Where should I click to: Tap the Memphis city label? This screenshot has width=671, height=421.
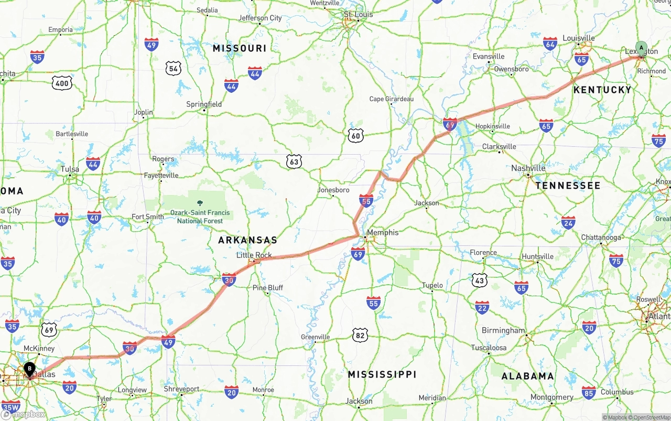[x=383, y=232]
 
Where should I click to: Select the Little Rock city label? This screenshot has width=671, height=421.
[x=254, y=255]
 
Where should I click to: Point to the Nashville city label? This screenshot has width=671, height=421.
[x=528, y=168]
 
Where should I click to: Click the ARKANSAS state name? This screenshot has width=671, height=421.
[x=247, y=240]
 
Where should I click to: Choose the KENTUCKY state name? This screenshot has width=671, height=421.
[x=602, y=90]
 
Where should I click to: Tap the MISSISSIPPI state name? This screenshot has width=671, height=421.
[x=382, y=374]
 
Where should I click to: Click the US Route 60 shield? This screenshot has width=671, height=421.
[x=355, y=136]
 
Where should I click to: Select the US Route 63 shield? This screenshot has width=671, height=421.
[x=294, y=162]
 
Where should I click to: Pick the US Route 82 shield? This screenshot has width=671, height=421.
[x=360, y=335]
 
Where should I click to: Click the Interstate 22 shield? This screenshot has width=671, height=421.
[x=482, y=307]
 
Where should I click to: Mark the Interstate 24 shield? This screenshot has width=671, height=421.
[x=568, y=222]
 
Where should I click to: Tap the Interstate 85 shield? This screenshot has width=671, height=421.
[x=589, y=392]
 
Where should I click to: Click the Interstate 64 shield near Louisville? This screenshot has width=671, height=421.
[x=550, y=44]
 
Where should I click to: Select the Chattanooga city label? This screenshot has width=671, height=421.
[x=601, y=238]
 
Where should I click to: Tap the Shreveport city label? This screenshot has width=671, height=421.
[x=181, y=389]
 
